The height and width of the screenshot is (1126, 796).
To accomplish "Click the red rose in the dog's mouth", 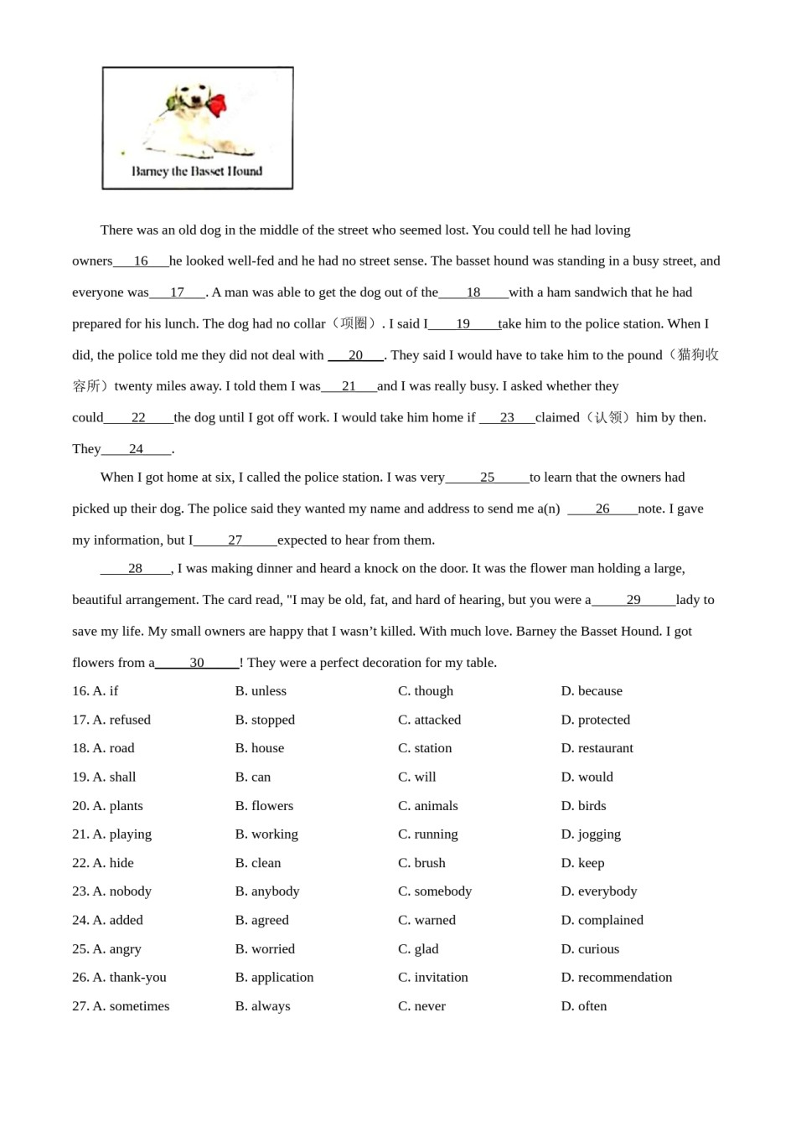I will [216, 106].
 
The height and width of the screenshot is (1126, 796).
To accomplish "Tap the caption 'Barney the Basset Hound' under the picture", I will [197, 171].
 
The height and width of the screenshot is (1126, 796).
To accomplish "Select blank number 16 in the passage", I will [141, 261].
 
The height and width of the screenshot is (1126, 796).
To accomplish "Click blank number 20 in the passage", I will [355, 355].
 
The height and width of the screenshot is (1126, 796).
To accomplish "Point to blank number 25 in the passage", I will [487, 478].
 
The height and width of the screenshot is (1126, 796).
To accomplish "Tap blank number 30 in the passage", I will [197, 663].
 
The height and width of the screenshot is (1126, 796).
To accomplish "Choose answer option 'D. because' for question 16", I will [592, 691].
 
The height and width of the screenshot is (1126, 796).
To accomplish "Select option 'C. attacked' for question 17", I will [429, 720].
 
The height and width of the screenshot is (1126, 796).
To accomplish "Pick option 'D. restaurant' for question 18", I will [597, 748].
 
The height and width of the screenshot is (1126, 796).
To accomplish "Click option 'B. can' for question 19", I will [253, 777].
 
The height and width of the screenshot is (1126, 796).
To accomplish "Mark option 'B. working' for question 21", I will [266, 834].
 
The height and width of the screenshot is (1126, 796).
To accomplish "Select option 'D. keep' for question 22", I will [582, 863].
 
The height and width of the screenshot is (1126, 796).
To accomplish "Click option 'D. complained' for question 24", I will [602, 920].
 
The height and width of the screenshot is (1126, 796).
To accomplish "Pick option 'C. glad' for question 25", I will [418, 949].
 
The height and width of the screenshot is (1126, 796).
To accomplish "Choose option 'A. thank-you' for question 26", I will [129, 978].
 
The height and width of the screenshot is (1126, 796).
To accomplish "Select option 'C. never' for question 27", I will [421, 1006].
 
